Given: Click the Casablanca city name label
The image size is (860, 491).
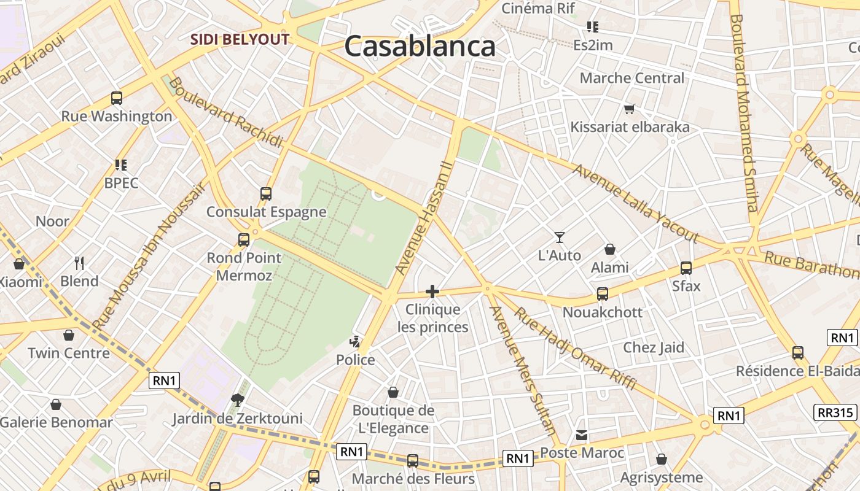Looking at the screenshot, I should [420, 47].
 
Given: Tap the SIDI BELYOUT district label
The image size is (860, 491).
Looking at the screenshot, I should [240, 39].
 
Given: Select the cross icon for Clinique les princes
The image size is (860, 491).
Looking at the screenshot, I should [432, 292].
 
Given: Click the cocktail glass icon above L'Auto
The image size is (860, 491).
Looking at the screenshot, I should [559, 237].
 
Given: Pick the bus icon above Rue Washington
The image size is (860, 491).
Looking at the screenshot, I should [117, 98].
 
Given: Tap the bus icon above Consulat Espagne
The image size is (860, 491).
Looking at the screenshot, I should [266, 194].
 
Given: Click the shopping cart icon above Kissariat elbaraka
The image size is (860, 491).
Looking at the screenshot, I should [629, 109].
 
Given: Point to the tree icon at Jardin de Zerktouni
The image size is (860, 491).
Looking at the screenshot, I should [238, 401].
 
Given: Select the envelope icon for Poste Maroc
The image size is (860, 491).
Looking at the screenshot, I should [582, 435].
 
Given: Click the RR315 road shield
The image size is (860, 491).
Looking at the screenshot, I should [835, 412].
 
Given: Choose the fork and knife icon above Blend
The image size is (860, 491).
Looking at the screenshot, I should [79, 263].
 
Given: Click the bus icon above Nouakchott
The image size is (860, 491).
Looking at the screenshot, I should [603, 294].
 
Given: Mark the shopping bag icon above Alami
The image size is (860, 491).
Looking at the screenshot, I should [610, 249].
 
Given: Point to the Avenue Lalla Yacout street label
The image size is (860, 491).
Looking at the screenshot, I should [636, 203].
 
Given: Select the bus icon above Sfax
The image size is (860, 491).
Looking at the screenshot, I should [686, 268].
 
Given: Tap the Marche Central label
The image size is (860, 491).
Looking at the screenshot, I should [631, 78].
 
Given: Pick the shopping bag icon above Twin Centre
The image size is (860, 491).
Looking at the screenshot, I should [69, 335].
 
